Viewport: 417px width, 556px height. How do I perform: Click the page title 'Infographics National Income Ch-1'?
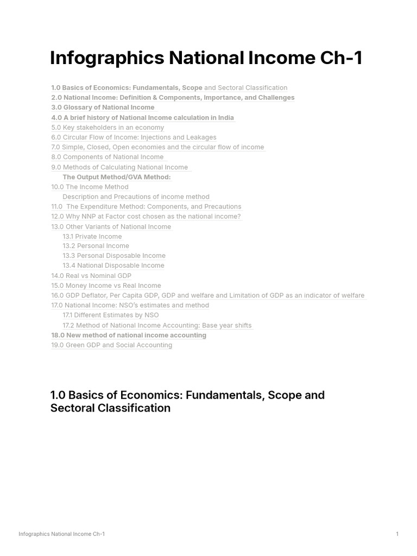click(x=206, y=58)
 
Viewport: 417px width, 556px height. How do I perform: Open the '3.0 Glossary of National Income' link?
click(x=103, y=108)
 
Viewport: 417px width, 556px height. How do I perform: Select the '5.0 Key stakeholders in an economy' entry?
click(x=108, y=128)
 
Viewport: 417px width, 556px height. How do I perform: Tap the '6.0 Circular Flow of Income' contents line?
click(x=134, y=137)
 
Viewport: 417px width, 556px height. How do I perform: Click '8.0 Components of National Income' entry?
click(x=107, y=157)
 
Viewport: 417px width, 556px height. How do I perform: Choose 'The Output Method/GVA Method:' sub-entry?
click(x=117, y=177)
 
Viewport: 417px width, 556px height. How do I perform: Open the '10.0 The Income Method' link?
click(x=90, y=187)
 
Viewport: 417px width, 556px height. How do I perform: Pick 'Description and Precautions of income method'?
click(x=136, y=197)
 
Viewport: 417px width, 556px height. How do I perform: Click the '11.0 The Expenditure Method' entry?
click(x=146, y=206)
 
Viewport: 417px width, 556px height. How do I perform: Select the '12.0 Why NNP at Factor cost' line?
click(x=146, y=216)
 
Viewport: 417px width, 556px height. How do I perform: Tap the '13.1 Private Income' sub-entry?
click(x=92, y=236)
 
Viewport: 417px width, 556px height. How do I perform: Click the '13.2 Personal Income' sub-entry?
click(x=96, y=245)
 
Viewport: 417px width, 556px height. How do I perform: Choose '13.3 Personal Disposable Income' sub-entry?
click(x=114, y=255)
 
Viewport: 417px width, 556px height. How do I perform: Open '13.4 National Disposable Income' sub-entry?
click(x=113, y=266)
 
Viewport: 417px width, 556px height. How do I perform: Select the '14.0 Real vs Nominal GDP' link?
click(x=91, y=276)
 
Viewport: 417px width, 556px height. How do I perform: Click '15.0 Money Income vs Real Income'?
click(x=106, y=286)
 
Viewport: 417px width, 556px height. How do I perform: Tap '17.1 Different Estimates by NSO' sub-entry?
click(x=111, y=315)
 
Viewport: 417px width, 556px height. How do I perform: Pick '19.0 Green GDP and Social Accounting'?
click(x=111, y=345)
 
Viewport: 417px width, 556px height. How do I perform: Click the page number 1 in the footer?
click(x=397, y=534)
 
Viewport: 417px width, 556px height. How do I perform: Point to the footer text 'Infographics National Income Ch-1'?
click(x=62, y=534)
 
